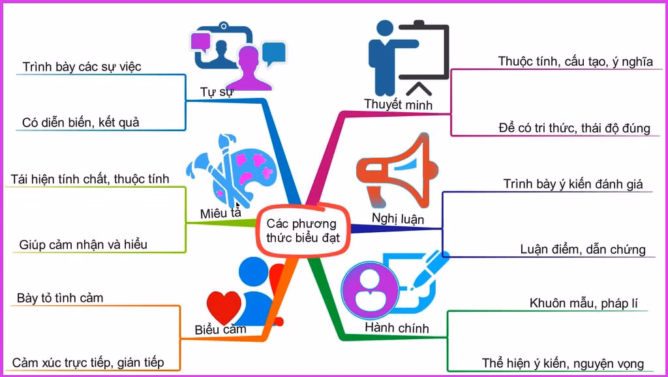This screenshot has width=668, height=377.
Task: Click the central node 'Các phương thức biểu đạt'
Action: pos(303,230)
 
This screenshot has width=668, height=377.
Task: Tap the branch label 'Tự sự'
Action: pos(217,91)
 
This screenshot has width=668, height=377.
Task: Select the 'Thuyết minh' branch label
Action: pos(398,104)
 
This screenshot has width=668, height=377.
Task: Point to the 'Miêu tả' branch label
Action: pos(220,212)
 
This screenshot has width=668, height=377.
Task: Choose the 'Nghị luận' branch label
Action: pos(398,219)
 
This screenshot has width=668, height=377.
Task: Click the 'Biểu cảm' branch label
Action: pos(220,329)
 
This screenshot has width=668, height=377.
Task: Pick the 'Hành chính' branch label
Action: pos(397,328)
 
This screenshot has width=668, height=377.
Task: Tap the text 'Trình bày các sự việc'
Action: pos(82,67)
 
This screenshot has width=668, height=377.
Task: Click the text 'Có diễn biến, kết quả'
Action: pos(80,123)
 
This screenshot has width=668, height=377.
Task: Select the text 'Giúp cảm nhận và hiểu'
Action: pos(83,245)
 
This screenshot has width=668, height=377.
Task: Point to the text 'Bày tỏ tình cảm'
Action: pos(60,298)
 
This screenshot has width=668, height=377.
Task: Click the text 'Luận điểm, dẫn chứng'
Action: pos(583,249)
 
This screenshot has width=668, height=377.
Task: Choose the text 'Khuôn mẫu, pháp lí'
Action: pos(583,303)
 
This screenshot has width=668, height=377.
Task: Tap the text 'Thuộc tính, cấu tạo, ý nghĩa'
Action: pos(575,62)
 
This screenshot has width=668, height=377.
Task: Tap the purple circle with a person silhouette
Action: pos(370,288)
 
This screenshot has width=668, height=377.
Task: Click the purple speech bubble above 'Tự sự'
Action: pos(201,42)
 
